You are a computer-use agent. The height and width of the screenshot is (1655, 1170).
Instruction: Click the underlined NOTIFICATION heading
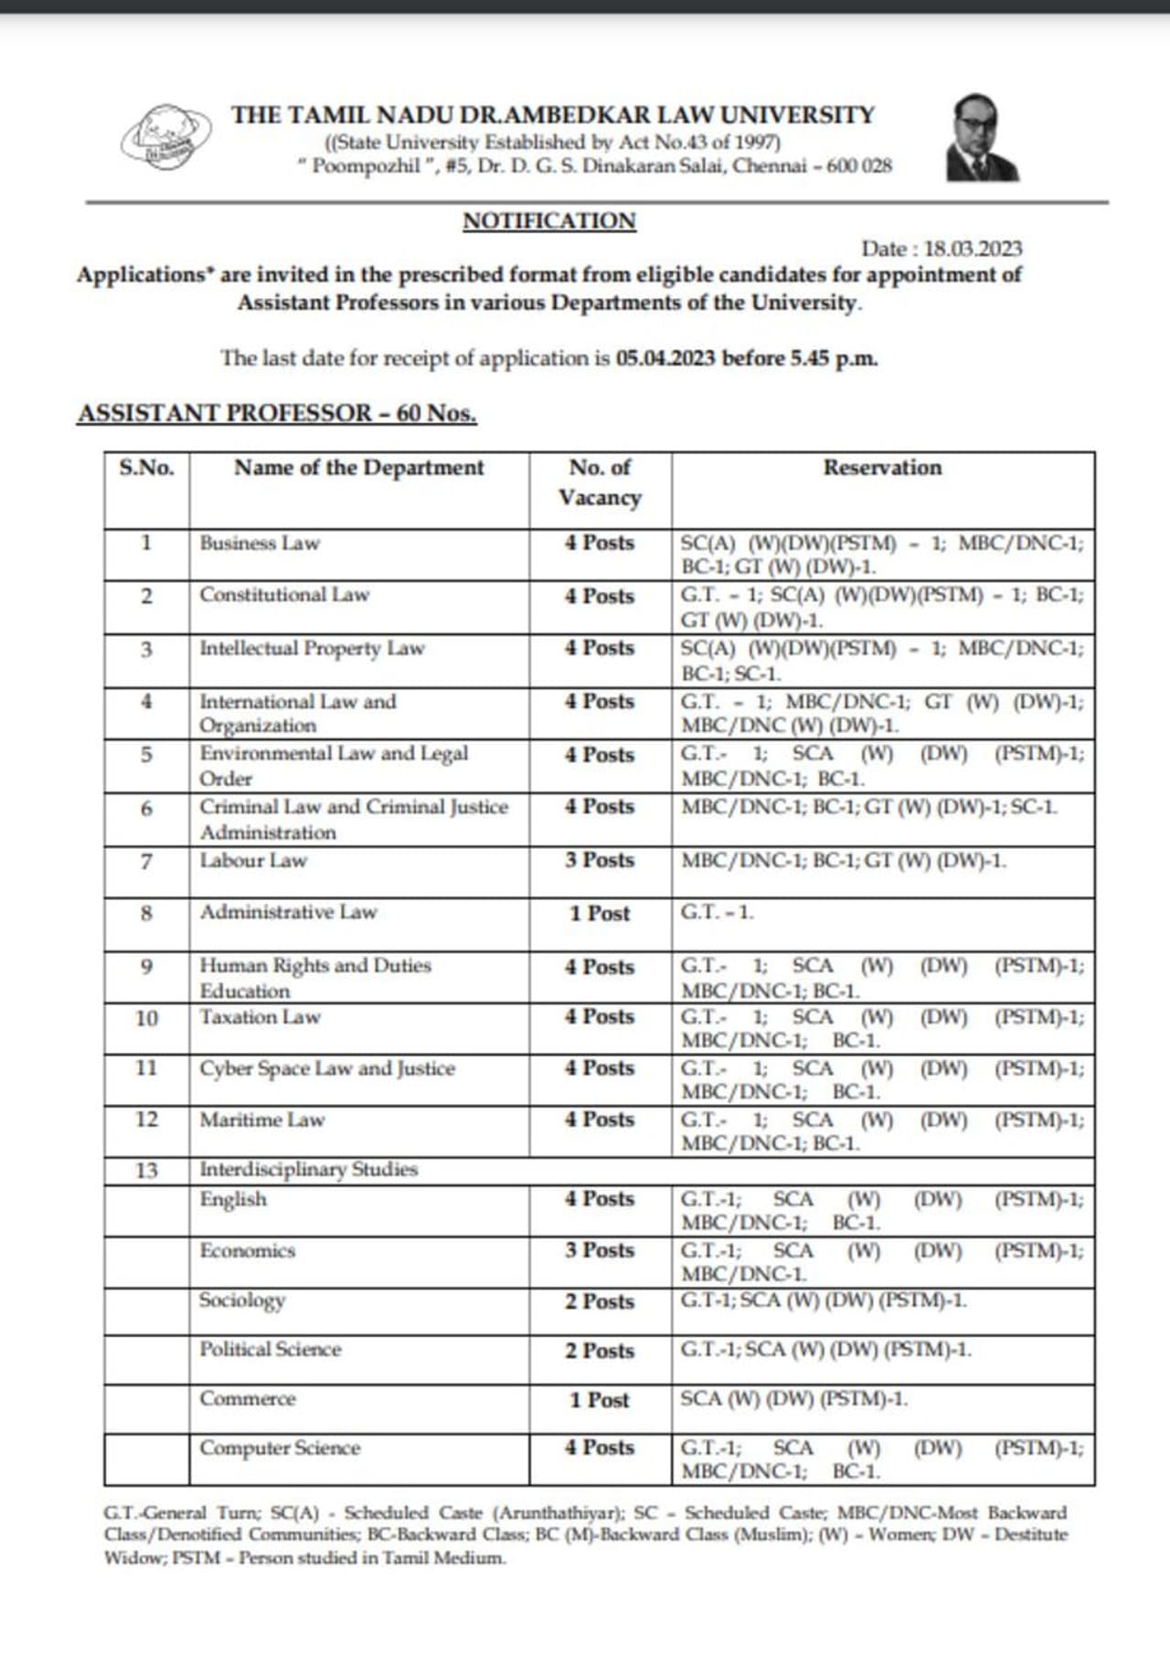pyautogui.click(x=548, y=221)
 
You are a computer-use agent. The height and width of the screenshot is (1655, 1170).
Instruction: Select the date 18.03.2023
pyautogui.click(x=973, y=249)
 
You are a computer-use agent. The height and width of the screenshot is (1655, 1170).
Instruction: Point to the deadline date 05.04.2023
pyautogui.click(x=665, y=358)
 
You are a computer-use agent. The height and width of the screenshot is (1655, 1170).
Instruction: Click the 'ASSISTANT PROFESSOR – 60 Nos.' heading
pyautogui.click(x=277, y=413)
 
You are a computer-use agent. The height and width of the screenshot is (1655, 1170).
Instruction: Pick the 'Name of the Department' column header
pyautogui.click(x=358, y=468)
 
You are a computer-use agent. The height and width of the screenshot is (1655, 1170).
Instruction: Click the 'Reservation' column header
pyautogui.click(x=882, y=468)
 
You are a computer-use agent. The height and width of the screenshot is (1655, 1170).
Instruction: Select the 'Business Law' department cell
pyautogui.click(x=260, y=543)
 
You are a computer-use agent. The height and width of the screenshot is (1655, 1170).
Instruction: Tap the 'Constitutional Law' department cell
pyautogui.click(x=284, y=595)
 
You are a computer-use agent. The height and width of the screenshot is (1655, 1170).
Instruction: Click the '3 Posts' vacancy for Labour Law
pyautogui.click(x=600, y=861)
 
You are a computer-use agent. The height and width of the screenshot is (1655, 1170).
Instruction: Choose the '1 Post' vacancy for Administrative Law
pyautogui.click(x=600, y=914)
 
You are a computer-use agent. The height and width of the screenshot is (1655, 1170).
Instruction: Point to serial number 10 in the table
pyautogui.click(x=146, y=1018)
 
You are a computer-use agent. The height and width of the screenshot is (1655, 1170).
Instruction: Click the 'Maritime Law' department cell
pyautogui.click(x=262, y=1120)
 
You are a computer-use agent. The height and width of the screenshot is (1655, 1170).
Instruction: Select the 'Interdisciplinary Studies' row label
pyautogui.click(x=308, y=1170)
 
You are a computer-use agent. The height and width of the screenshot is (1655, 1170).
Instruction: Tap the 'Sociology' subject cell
pyautogui.click(x=242, y=1300)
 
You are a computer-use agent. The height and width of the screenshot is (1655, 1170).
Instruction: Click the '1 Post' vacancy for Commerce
pyautogui.click(x=600, y=1401)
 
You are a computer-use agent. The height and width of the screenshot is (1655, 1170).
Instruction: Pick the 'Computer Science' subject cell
pyautogui.click(x=280, y=1448)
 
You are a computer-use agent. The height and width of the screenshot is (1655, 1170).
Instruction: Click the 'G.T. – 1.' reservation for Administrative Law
pyautogui.click(x=718, y=913)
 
